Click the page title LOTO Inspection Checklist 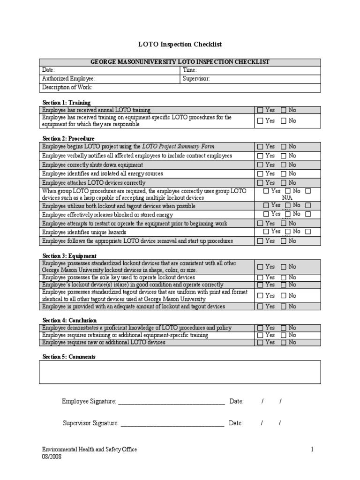180,45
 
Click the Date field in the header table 110,70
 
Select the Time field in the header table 250,70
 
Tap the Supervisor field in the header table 250,79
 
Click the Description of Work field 180,88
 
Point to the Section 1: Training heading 67,102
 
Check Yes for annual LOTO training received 260,110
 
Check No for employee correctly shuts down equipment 284,165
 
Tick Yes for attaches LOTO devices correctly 260,183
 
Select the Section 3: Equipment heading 69,256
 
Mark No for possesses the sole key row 284,277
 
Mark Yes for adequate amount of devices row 260,307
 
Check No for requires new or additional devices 284,343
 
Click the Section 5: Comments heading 69,357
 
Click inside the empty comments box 180,372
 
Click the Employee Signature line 171,402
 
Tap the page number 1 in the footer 312,450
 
